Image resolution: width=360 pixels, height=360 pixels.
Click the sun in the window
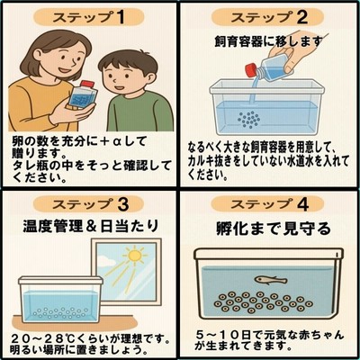(x=134, y=256)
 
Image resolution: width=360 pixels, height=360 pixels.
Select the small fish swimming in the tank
(x=271, y=280)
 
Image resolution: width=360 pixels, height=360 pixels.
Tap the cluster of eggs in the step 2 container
(x=249, y=120)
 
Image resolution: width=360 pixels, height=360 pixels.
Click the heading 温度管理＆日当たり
(x=90, y=226)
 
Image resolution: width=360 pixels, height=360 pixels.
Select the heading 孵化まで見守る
(x=274, y=229)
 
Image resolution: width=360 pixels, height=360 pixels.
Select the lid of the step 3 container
(x=60, y=281)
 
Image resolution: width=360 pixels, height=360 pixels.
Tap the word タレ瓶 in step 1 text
(x=31, y=166)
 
